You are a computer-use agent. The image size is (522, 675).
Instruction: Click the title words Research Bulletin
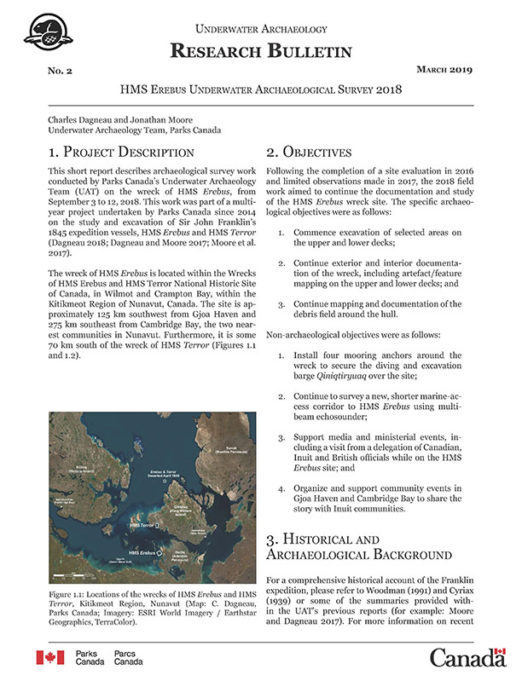click(x=261, y=51)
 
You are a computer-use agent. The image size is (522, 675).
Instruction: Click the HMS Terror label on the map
click(x=142, y=528)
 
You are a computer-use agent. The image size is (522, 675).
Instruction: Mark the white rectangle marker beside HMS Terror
click(x=159, y=528)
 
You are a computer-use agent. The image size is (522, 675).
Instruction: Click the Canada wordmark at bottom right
click(x=467, y=657)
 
